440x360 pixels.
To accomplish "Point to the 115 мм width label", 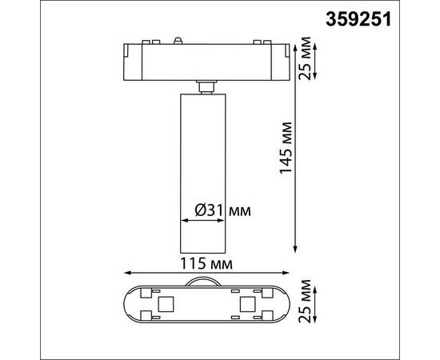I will pos(207,263).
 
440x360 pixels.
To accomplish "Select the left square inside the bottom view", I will pos(167,305).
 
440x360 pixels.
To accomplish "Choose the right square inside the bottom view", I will pos(246,305).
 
